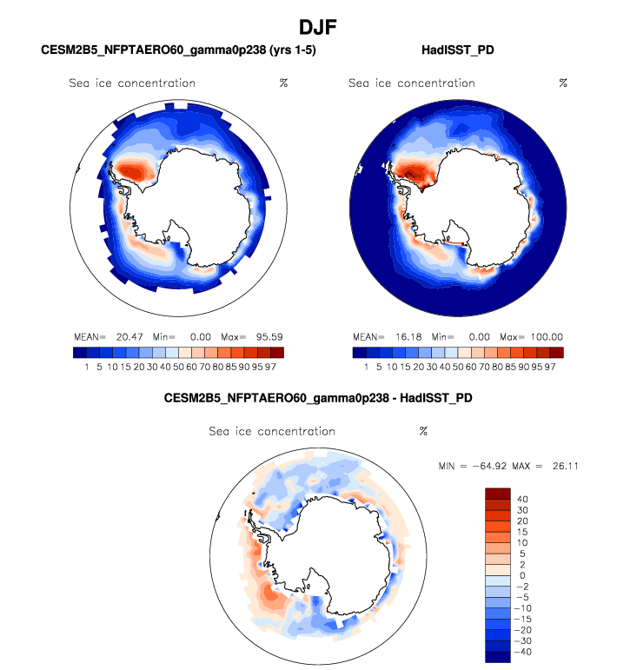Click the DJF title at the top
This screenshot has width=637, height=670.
(318, 27)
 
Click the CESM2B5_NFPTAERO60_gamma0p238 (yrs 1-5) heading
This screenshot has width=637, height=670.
(178, 51)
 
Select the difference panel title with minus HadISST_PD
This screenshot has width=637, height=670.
(318, 398)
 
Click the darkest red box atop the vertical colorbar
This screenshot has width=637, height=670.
(495, 493)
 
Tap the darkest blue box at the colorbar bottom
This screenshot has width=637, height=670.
(495, 657)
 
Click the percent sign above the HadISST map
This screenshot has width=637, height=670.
(563, 83)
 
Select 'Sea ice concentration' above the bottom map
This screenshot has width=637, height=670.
(272, 431)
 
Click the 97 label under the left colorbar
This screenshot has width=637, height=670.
(276, 368)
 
